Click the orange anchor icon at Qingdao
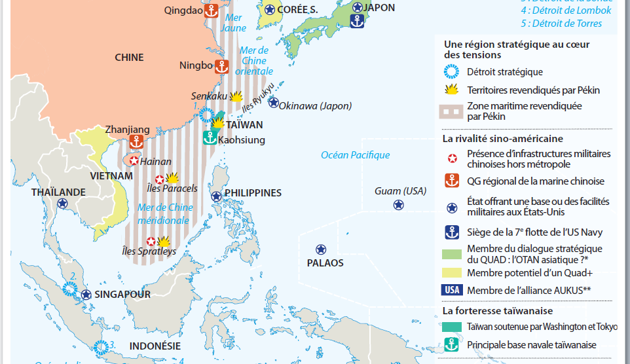pyautogui.click(x=212, y=10)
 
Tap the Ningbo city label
pyautogui.click(x=196, y=65)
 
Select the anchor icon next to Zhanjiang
pyautogui.click(x=136, y=141)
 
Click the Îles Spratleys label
pyautogui.click(x=149, y=251)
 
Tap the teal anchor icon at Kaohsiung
pyautogui.click(x=210, y=137)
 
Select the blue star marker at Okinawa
pyautogui.click(x=273, y=103)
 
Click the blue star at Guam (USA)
pyautogui.click(x=398, y=205)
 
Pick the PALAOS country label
pyautogui.click(x=325, y=263)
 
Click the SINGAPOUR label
pyautogui.click(x=122, y=295)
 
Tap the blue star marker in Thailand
pyautogui.click(x=62, y=204)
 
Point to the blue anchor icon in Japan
pyautogui.click(x=357, y=20)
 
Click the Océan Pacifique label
pyautogui.click(x=355, y=155)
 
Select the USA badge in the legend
pyautogui.click(x=452, y=290)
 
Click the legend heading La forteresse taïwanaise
pyautogui.click(x=497, y=311)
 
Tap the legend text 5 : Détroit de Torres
pyautogui.click(x=561, y=24)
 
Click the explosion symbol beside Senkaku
pyautogui.click(x=236, y=96)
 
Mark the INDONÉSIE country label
pyautogui.click(x=156, y=346)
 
